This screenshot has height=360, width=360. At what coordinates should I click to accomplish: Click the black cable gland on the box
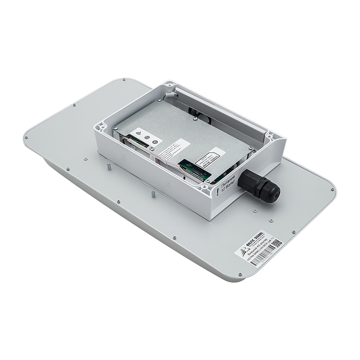tap(259, 185)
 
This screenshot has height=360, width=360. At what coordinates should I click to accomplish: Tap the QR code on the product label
tap(278, 243)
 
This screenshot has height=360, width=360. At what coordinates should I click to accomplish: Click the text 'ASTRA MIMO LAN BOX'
tap(261, 251)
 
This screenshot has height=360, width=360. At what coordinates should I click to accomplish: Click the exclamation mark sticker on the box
tap(217, 191)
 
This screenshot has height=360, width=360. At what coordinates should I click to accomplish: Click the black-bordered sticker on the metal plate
tap(208, 158)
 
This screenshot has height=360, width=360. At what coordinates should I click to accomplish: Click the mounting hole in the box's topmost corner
tap(169, 84)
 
